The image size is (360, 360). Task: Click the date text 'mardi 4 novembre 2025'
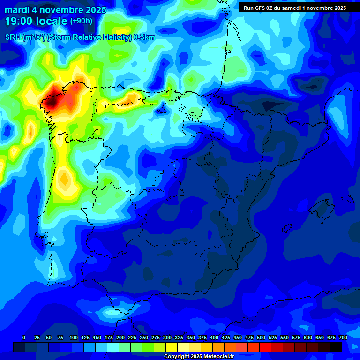click(55, 10)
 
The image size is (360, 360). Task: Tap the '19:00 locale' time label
click(36, 21)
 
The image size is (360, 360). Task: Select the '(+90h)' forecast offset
click(81, 21)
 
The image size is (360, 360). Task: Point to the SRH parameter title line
click(80, 37)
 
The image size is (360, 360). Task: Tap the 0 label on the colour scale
click(24, 337)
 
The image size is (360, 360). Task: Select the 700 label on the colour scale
click(343, 337)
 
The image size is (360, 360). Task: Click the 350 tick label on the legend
click(191, 337)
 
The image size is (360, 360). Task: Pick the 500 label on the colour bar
click(261, 337)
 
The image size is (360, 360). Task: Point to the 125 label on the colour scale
click(85, 337)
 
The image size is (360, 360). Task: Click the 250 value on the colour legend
click(144, 337)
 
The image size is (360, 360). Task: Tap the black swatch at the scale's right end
click(335, 347)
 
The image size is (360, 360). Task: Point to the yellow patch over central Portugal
click(65, 180)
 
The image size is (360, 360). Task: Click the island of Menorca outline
click(348, 198)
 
